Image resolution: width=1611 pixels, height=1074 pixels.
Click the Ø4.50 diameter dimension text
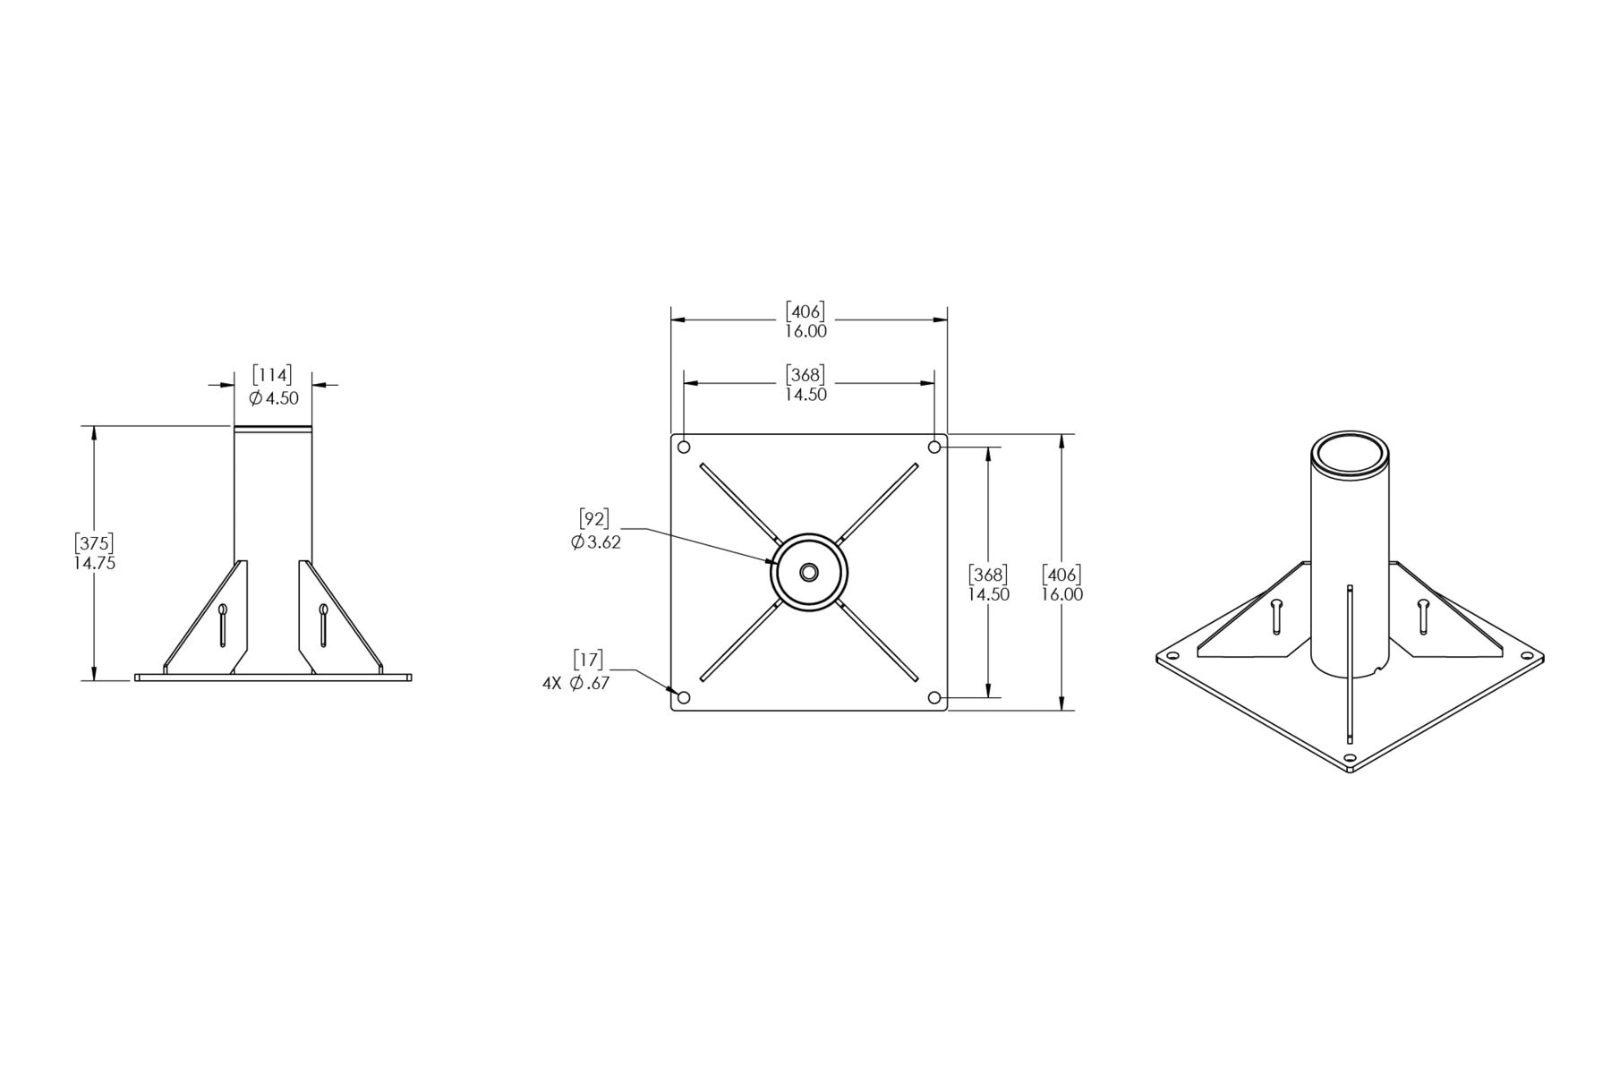pyautogui.click(x=274, y=398)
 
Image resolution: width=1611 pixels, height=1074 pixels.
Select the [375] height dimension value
pyautogui.click(x=94, y=543)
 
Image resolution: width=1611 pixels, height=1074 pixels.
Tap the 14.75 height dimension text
pyautogui.click(x=94, y=564)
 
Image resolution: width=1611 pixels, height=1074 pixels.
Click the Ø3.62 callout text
pyautogui.click(x=596, y=541)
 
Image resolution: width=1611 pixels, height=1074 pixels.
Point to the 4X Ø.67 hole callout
pyautogui.click(x=576, y=683)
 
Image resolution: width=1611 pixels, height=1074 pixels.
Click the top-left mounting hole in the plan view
pyautogui.click(x=685, y=447)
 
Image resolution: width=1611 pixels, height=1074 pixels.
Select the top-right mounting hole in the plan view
pyautogui.click(x=934, y=447)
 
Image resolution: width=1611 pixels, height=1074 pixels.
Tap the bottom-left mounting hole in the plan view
pyautogui.click(x=685, y=697)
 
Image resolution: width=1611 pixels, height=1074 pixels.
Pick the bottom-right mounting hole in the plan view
pyautogui.click(x=934, y=697)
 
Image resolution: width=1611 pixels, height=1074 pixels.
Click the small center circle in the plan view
pyautogui.click(x=809, y=572)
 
